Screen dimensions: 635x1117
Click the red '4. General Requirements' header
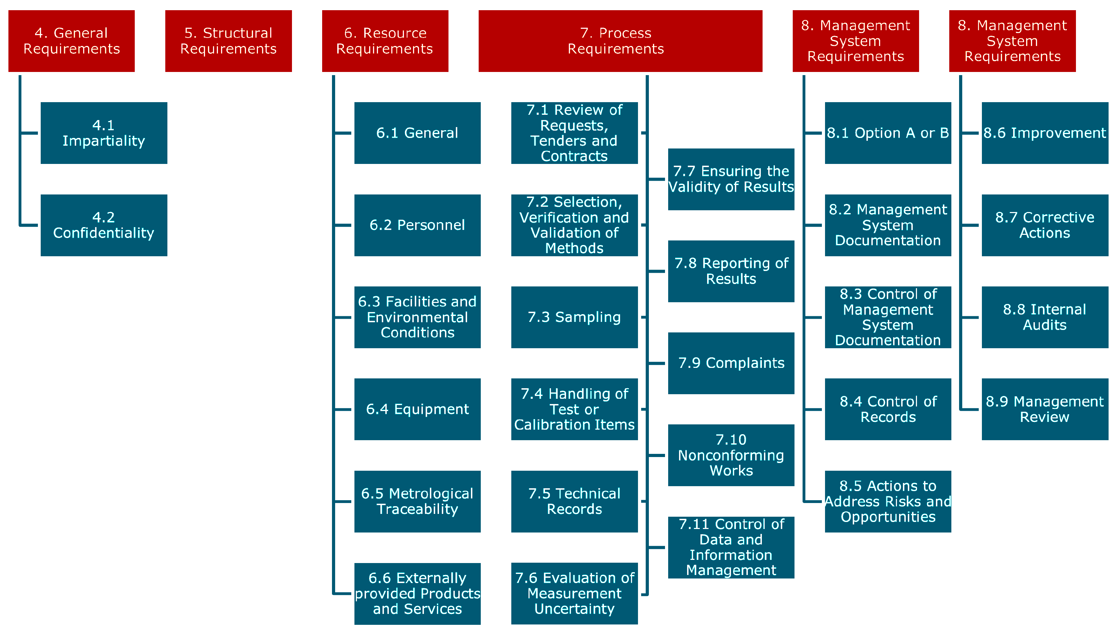point(72,41)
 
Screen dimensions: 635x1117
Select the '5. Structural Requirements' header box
point(228,41)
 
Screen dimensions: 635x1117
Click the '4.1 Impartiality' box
point(104,133)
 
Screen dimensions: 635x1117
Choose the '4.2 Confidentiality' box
point(104,225)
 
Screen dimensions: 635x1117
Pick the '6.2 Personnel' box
point(417,225)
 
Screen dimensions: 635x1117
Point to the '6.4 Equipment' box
point(417,409)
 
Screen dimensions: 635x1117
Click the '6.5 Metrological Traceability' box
point(417,501)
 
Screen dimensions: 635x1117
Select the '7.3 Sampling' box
point(574,317)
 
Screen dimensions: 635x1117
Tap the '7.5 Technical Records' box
point(574,501)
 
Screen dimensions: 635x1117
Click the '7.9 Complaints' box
point(731,363)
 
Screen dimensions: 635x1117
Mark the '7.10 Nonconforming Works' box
point(731,455)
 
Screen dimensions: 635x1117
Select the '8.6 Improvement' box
point(1044,133)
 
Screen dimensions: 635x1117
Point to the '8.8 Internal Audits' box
point(1044,317)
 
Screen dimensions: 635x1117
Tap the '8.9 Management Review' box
point(1044,409)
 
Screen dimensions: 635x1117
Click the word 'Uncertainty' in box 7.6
point(574,609)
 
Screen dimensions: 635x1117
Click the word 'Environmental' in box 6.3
point(417,317)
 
